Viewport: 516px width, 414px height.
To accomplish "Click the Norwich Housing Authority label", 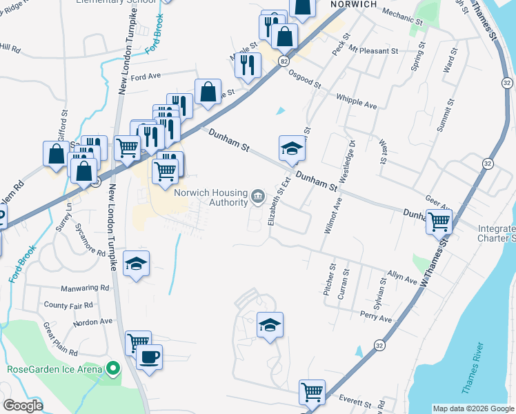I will click(211, 197).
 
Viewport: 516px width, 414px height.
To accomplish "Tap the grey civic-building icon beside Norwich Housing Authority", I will click(257, 197).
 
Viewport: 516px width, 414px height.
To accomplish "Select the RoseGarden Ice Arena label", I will click(54, 369).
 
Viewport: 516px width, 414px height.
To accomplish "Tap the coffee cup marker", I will click(149, 357).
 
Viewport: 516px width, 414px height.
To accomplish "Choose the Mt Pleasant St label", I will click(373, 50).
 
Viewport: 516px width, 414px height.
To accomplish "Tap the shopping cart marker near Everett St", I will click(312, 392).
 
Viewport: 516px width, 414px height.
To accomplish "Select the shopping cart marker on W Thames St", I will click(439, 222).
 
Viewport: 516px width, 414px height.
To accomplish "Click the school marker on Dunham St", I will click(292, 148).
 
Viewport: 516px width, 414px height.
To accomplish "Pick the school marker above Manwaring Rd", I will click(137, 263).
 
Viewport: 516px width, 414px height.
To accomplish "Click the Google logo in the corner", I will click(23, 406).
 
